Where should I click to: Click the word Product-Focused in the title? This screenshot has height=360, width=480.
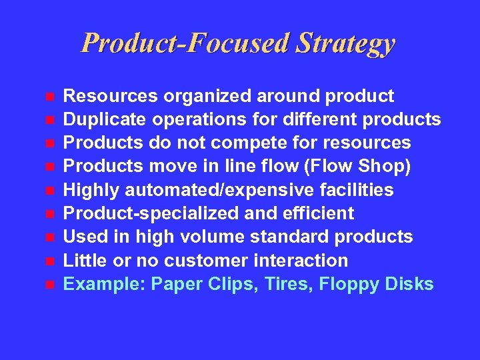(x=185, y=44)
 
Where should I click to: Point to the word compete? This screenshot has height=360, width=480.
(x=241, y=143)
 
